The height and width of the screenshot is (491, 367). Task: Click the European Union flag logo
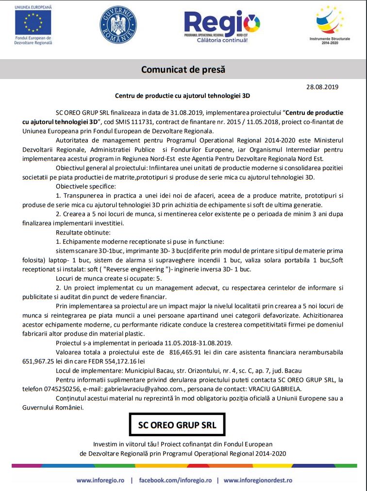pos(33,23)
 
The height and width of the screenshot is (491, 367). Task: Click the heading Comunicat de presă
pos(183,69)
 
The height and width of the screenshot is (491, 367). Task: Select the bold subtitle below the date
pos(183,96)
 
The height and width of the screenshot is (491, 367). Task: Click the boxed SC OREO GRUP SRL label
pos(177,426)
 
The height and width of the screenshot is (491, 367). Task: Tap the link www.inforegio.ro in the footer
pos(100,480)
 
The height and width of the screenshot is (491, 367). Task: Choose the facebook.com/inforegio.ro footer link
pos(175,480)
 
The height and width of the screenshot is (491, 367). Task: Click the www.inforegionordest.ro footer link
pos(258,480)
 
